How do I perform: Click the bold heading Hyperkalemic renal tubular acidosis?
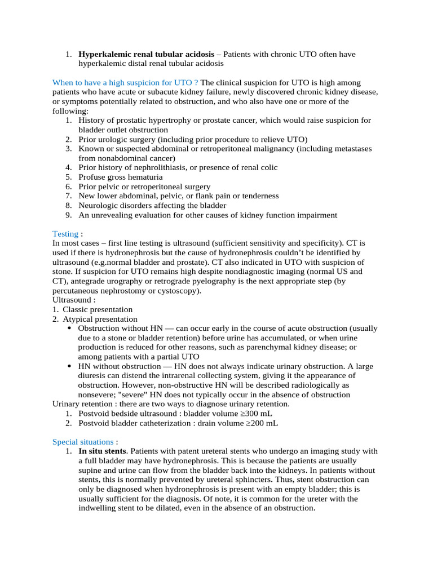[x=146, y=54]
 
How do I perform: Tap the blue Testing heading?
[x=65, y=233]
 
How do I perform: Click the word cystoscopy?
[x=178, y=291]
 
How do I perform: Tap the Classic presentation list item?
[x=98, y=309]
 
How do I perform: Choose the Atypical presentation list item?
[x=100, y=319]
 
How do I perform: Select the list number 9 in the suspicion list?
[x=68, y=215]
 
